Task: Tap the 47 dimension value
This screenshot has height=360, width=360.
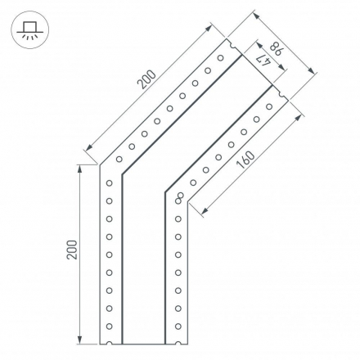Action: coord(263,58)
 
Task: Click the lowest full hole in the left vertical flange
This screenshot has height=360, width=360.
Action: coord(109,326)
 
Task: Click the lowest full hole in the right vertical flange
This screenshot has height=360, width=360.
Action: coord(178,326)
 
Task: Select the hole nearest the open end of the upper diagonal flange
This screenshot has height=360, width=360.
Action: coord(220,58)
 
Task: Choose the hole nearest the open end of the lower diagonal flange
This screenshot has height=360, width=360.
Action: coord(270,106)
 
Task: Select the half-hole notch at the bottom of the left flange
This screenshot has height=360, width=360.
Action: coord(109,343)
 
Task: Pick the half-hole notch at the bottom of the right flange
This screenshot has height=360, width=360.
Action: coord(178,343)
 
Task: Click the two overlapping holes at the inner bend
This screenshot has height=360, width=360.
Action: coord(179,197)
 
